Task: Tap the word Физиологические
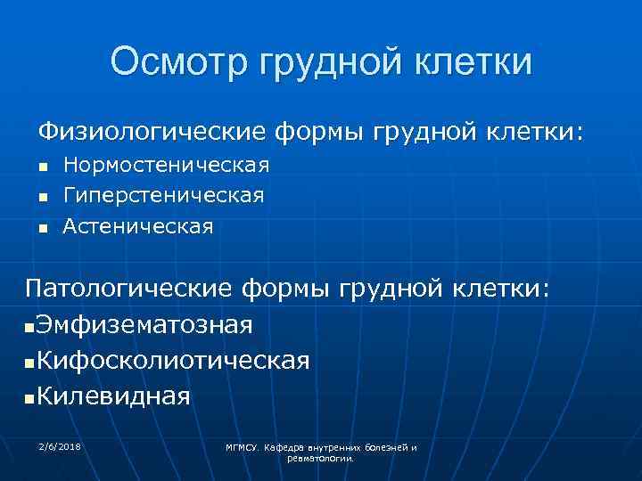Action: (x=152, y=133)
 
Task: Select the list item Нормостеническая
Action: (x=166, y=166)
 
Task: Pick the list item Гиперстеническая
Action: (x=163, y=195)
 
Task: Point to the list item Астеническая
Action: (x=138, y=226)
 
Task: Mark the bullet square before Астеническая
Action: (x=41, y=229)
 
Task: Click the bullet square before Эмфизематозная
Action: (x=31, y=328)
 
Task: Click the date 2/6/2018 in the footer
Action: (x=60, y=444)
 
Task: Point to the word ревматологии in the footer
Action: (x=321, y=458)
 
